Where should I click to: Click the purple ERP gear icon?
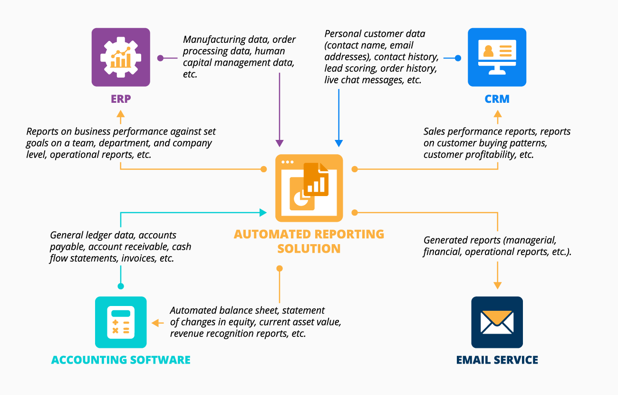[121, 57]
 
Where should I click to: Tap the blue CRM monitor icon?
[497, 57]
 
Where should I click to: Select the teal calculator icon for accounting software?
[121, 322]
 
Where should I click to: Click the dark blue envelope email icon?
[497, 322]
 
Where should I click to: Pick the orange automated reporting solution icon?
[309, 188]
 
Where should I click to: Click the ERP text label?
[121, 99]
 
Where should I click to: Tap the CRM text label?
[497, 99]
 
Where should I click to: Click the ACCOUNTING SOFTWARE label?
[121, 360]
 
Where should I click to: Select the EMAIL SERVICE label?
[497, 360]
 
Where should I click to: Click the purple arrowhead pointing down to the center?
[280, 143]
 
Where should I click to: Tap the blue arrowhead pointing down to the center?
[338, 143]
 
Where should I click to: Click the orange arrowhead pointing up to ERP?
[121, 114]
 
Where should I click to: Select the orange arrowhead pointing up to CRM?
[498, 114]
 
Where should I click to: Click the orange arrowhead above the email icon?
[498, 285]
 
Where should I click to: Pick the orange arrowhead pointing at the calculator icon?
[155, 323]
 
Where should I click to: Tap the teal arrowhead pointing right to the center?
[262, 212]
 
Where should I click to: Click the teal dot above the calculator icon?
[121, 286]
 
